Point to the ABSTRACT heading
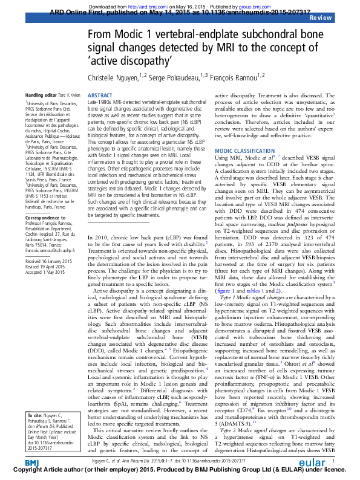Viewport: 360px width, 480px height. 100,96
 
